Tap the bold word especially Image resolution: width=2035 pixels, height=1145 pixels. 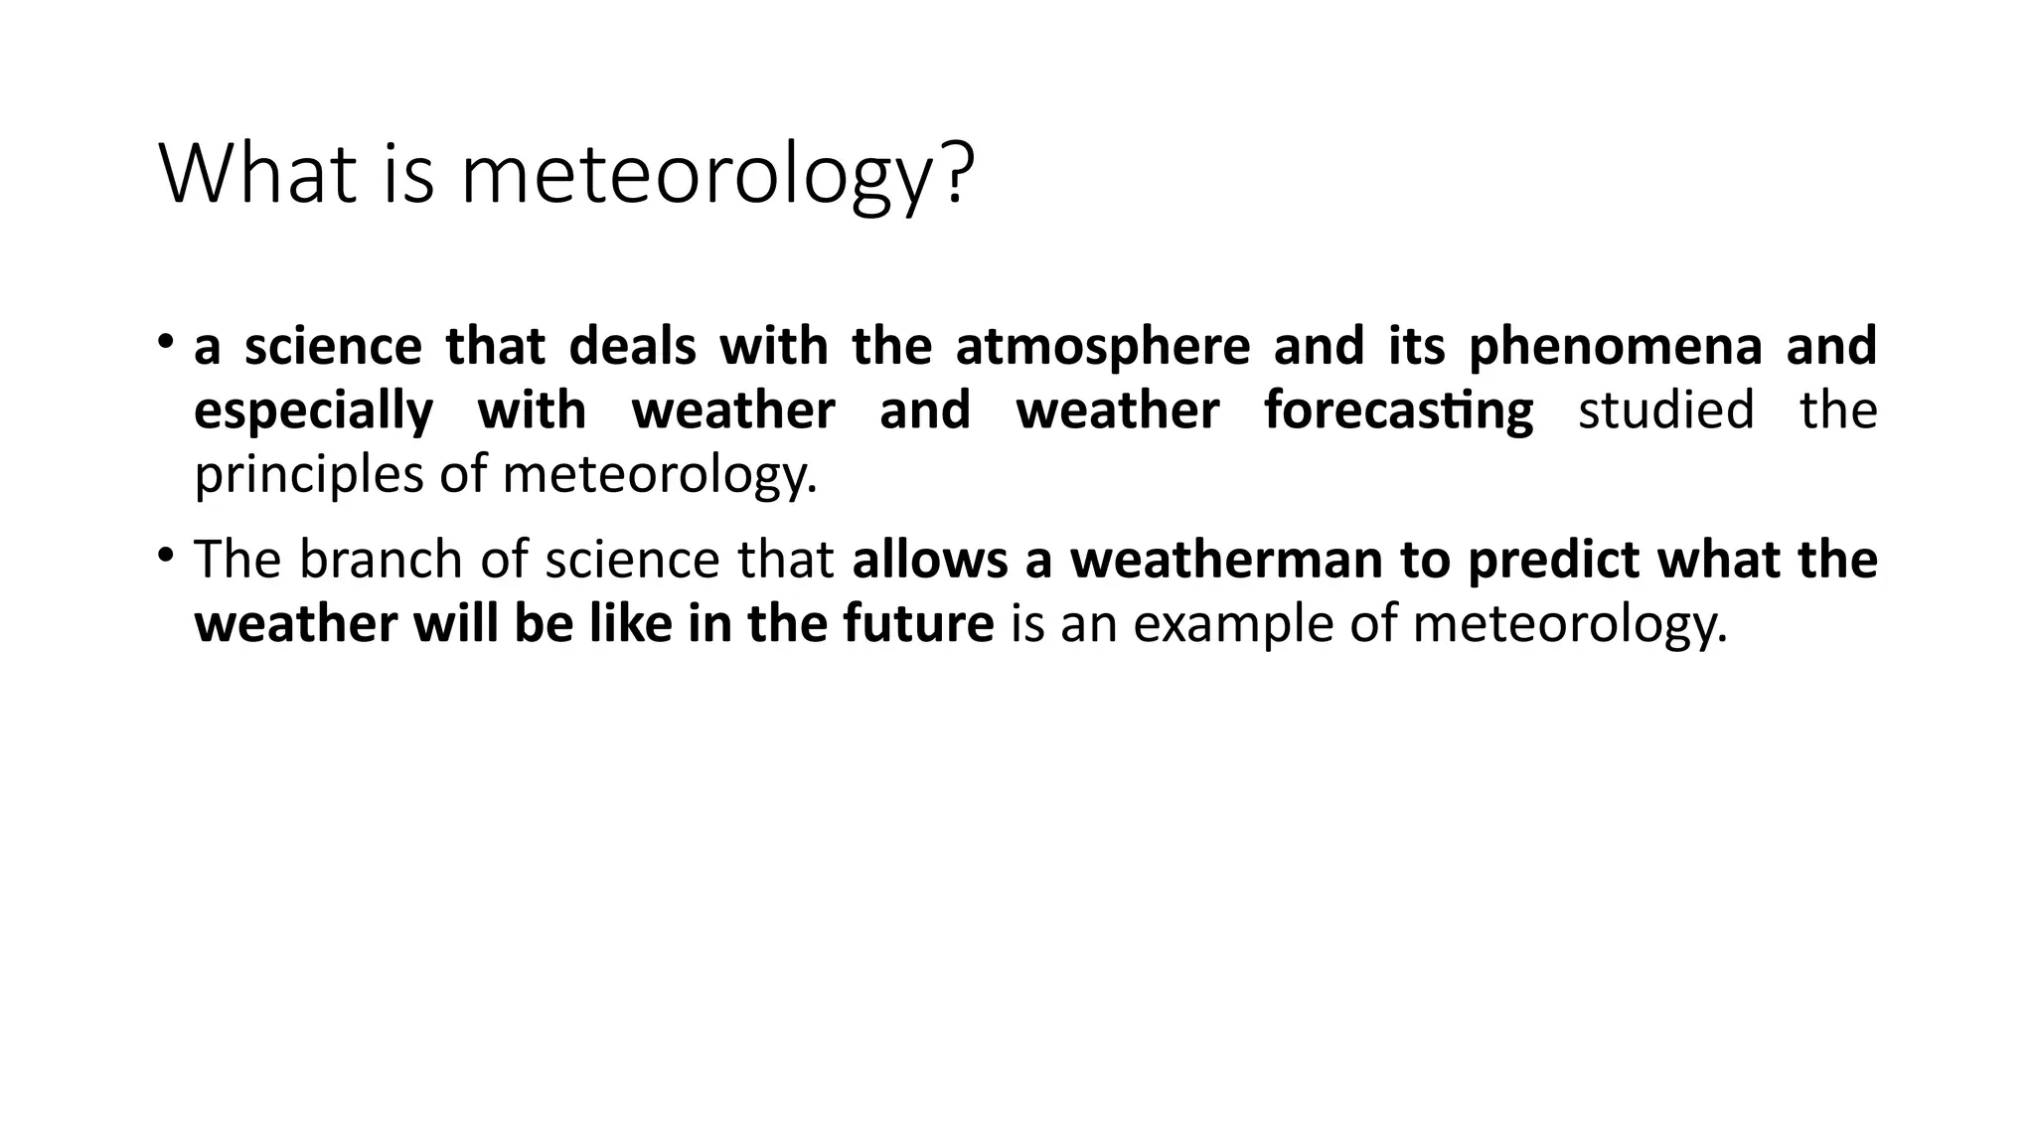[313, 411]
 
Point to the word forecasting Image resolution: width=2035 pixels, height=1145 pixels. [1398, 411]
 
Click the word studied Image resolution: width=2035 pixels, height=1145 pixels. [1665, 411]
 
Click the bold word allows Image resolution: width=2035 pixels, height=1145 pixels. [930, 560]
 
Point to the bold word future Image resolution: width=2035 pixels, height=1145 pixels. [918, 624]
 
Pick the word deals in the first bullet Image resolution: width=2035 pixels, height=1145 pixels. [632, 347]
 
